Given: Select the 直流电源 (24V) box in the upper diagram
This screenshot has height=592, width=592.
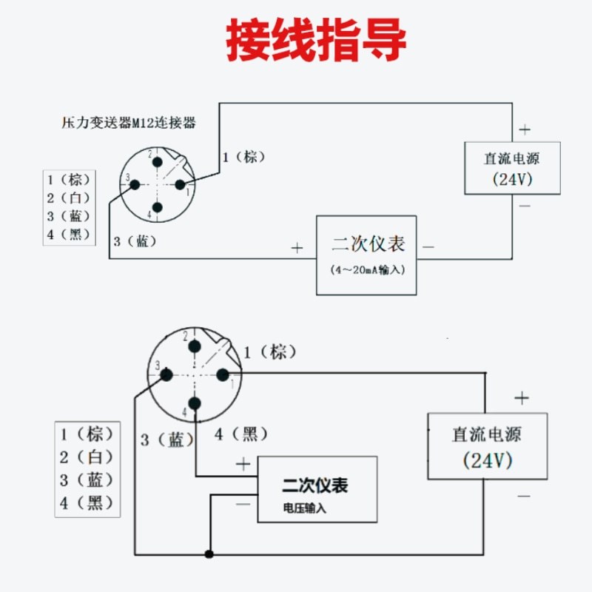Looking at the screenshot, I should pyautogui.click(x=512, y=168).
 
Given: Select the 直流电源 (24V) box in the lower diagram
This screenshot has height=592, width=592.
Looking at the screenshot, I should pyautogui.click(x=487, y=445).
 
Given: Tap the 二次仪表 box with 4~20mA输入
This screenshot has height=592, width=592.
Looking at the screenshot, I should pyautogui.click(x=366, y=255).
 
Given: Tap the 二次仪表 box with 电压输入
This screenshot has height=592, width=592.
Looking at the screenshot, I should pyautogui.click(x=317, y=489).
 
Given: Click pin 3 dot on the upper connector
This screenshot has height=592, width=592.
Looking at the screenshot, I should pyautogui.click(x=135, y=184).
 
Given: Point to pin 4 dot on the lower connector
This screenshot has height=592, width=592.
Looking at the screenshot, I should pyautogui.click(x=195, y=403).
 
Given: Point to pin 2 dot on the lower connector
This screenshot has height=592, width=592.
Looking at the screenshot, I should pyautogui.click(x=195, y=346).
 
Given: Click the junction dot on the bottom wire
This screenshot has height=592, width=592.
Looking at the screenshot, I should pyautogui.click(x=209, y=554).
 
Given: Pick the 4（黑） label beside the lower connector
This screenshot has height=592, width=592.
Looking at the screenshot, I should pyautogui.click(x=241, y=434).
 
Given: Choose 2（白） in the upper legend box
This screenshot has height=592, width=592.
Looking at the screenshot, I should pyautogui.click(x=69, y=198).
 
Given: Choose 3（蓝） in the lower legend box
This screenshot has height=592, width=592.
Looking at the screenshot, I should pyautogui.click(x=87, y=480).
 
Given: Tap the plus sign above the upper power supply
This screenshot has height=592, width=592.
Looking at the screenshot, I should pyautogui.click(x=525, y=129).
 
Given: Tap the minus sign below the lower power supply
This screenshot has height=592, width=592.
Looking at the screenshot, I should pyautogui.click(x=523, y=495).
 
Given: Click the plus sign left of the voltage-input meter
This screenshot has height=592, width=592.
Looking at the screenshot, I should pyautogui.click(x=243, y=464).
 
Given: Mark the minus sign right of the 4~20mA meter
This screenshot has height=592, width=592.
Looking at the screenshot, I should pyautogui.click(x=428, y=247).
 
